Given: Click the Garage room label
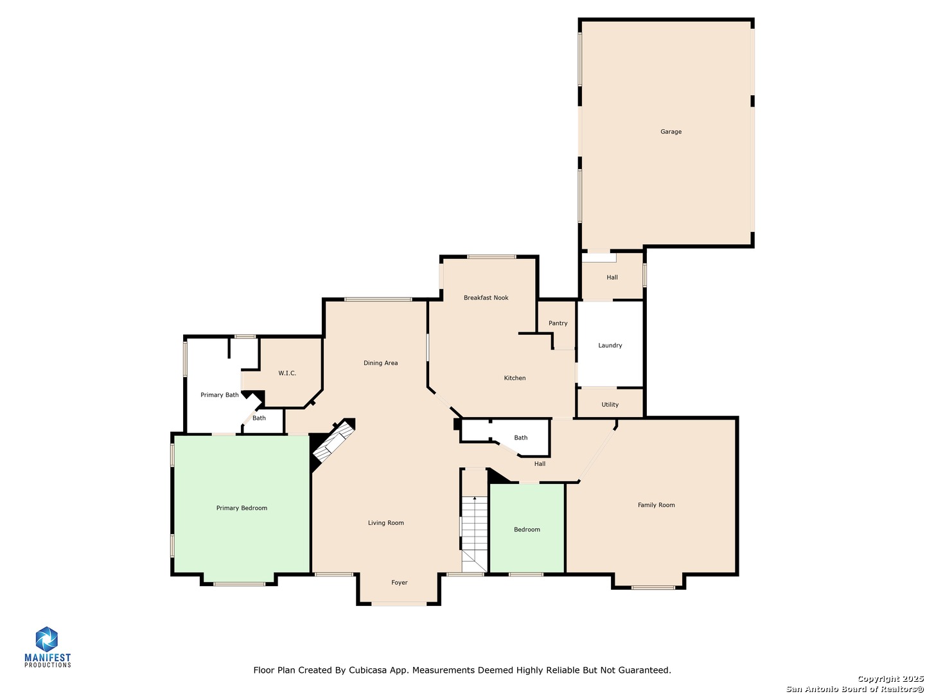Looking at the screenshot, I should coord(671,132).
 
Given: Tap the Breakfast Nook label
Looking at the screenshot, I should coord(486,298).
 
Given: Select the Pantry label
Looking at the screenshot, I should coord(558,323).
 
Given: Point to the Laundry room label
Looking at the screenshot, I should coord(610,345).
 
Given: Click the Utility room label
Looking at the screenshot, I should coord(610,405).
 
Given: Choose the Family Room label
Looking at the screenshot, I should coord(656,505).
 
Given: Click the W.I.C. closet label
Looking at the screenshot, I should coord(287,373).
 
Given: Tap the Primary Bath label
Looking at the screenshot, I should coord(219,395).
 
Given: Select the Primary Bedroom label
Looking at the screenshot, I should coord(242,508).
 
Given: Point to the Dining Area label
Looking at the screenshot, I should coord(380,363).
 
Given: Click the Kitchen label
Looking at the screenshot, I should coord(515,378).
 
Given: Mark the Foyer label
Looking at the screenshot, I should coord(399,583).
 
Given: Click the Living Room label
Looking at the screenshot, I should coord(385,523).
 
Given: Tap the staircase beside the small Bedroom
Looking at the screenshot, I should coord(474,527).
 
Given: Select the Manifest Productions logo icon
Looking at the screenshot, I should coord(46,639).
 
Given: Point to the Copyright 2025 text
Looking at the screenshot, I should coord(890,679).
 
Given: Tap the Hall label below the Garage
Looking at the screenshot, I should coord(612,278).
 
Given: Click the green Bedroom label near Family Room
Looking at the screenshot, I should coord(527,529).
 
